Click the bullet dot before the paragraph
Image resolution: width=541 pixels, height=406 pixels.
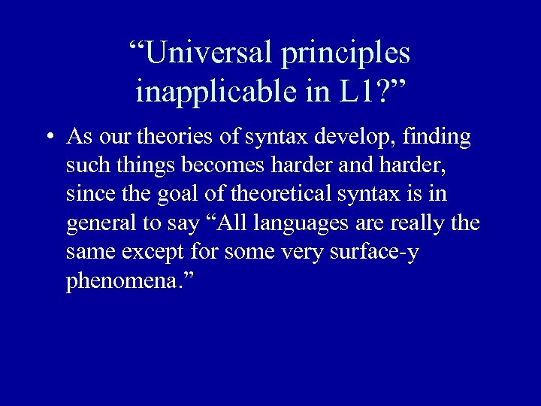click(x=48, y=138)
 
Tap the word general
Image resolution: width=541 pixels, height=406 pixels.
click(x=95, y=223)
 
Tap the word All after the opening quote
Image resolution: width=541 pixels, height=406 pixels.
click(x=233, y=223)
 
